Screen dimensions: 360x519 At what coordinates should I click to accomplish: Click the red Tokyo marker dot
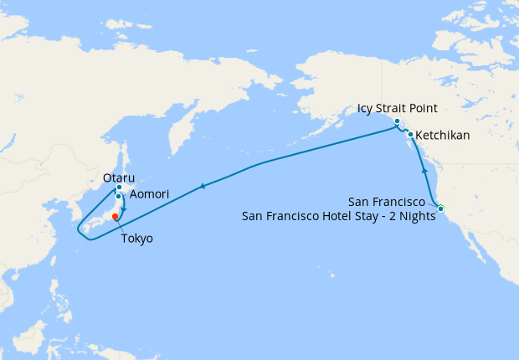point(115,216)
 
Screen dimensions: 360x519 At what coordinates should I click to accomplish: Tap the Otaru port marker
point(119,188)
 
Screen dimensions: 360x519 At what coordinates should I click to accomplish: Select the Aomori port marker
point(119,197)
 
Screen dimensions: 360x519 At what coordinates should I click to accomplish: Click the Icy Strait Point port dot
point(397,122)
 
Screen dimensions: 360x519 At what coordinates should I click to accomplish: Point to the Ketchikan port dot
point(410,135)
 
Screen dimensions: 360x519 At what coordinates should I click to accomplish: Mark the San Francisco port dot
point(440,208)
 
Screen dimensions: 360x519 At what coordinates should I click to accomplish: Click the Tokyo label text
point(137,239)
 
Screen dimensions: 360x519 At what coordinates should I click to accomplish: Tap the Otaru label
point(118,177)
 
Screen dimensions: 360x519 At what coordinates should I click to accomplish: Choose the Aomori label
point(150,194)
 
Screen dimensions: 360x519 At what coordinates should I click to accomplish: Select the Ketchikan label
point(443,135)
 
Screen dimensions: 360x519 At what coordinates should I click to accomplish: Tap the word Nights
point(416,217)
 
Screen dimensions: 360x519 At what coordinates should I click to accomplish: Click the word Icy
point(365,108)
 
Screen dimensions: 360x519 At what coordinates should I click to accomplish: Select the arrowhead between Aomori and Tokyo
point(124,208)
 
